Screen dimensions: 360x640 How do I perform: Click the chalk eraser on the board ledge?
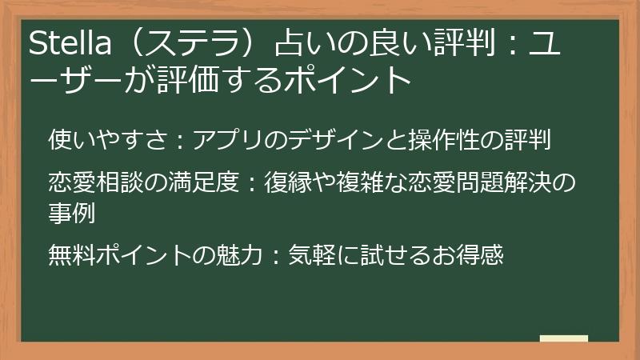[x=563, y=338]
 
